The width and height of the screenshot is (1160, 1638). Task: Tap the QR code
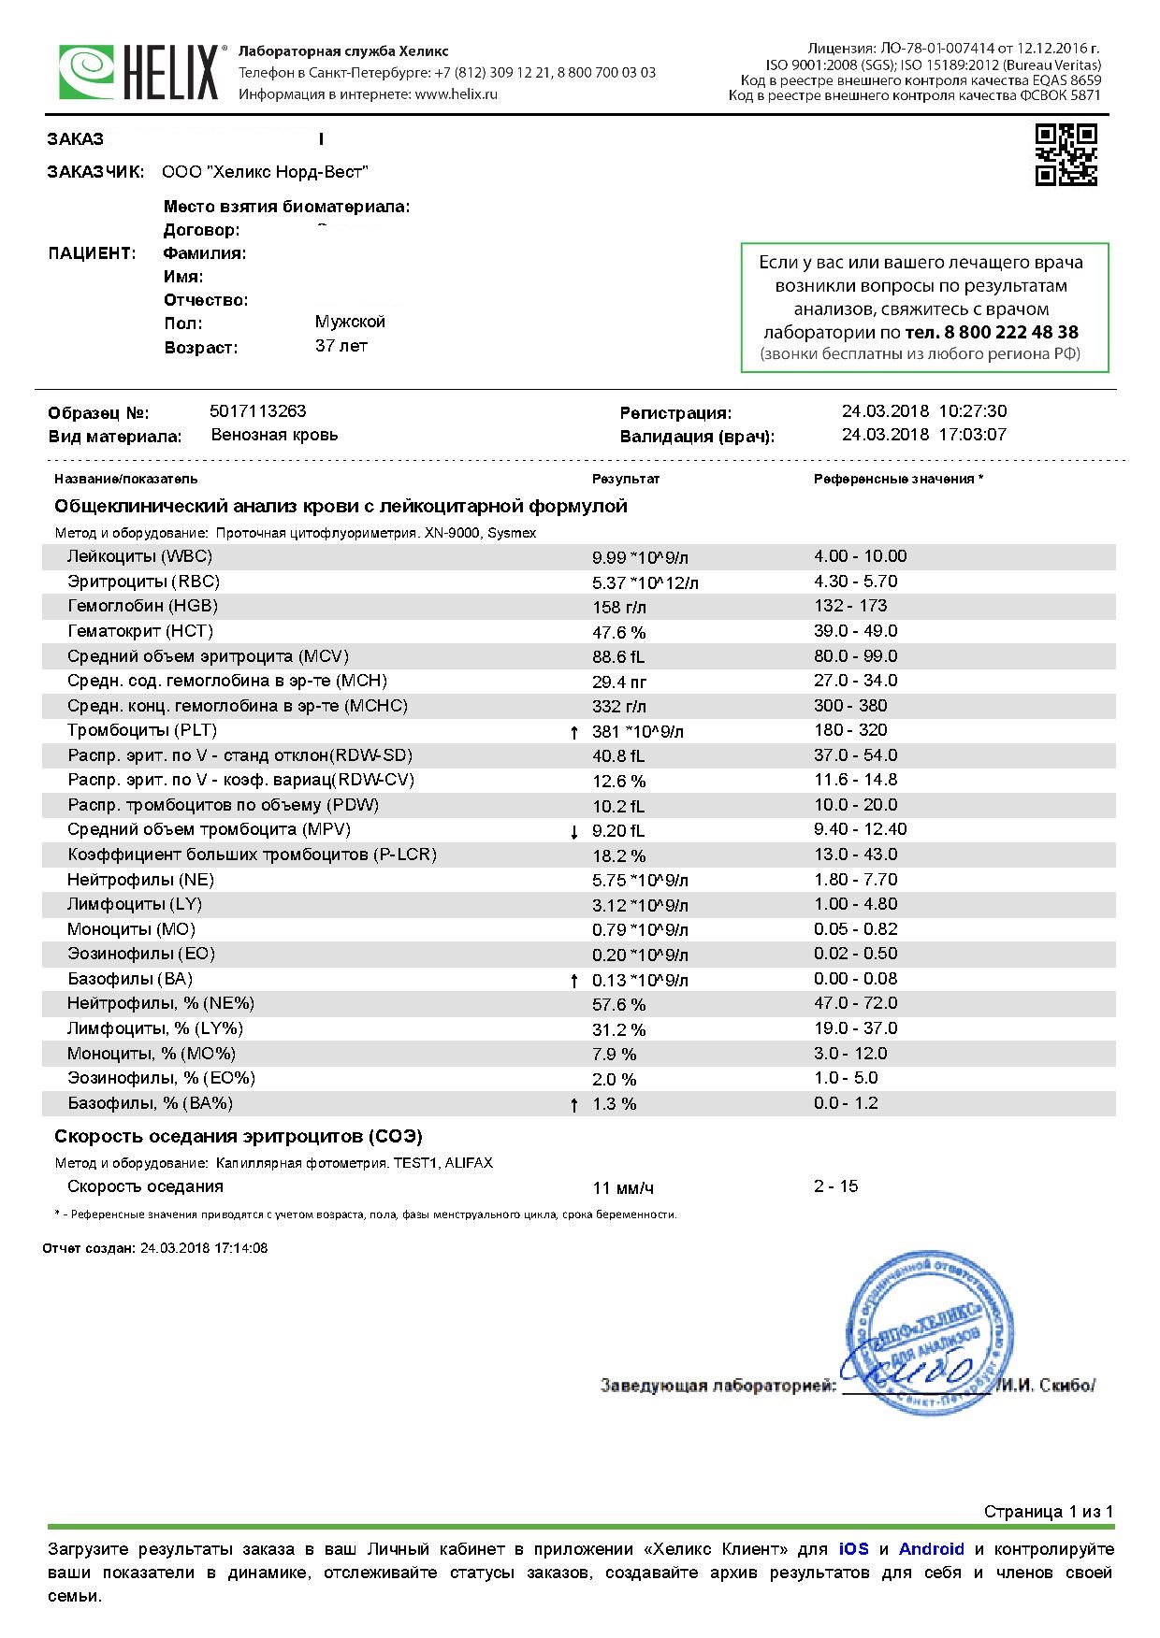(x=1066, y=154)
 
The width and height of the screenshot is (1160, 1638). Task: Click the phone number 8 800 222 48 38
(x=992, y=332)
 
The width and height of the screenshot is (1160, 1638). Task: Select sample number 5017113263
(x=258, y=411)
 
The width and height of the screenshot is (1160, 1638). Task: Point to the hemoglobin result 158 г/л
(x=619, y=608)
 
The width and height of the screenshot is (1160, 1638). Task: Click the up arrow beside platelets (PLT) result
(x=574, y=732)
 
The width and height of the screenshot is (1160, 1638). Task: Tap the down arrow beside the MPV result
(x=574, y=831)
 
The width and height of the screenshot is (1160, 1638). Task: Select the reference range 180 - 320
(x=850, y=730)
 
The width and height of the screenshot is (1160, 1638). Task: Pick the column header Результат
(x=625, y=479)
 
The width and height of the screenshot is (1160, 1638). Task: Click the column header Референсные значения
(x=897, y=479)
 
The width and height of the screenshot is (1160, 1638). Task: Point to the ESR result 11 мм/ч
(x=623, y=1188)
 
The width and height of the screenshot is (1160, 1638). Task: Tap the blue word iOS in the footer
(x=853, y=1549)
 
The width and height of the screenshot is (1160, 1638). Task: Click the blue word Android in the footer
(x=931, y=1549)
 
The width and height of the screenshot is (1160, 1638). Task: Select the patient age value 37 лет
(x=341, y=346)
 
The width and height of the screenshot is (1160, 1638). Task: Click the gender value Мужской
(x=350, y=322)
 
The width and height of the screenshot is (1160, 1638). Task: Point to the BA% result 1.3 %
(x=614, y=1104)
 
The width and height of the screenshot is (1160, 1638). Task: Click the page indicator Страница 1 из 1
(x=1048, y=1512)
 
